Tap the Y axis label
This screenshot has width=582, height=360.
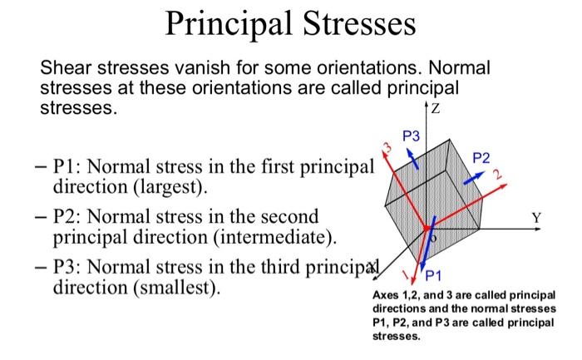coord(537,219)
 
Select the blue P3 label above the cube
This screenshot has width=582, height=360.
coord(412,136)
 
